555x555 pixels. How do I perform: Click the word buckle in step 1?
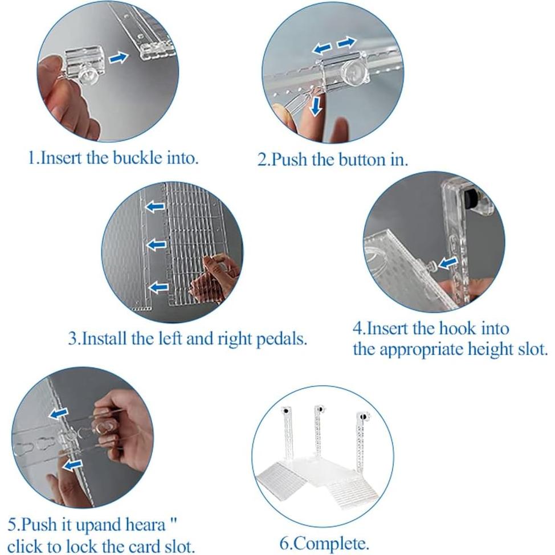tap(137, 158)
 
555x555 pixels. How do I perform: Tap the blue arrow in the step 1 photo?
tap(118, 58)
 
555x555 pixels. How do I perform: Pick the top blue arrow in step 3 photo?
tap(156, 206)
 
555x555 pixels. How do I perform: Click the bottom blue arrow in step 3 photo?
tap(158, 287)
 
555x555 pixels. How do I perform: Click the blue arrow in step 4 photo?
tap(447, 263)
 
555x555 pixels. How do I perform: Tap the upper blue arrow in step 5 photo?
tap(58, 413)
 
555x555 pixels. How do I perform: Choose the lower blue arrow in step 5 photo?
tap(72, 464)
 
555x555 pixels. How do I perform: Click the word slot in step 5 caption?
tap(179, 546)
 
